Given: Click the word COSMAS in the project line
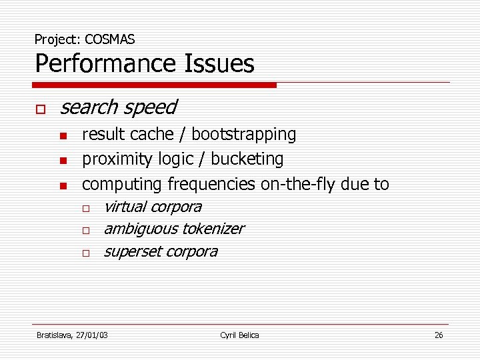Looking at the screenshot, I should (x=110, y=39).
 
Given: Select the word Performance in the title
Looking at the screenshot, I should (x=102, y=64).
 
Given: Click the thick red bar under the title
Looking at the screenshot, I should (x=154, y=85).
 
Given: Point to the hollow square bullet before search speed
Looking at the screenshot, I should (x=40, y=108).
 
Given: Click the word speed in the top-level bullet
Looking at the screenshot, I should (x=152, y=107).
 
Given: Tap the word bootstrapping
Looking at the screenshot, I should (x=244, y=135).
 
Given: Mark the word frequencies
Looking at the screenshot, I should (x=211, y=184).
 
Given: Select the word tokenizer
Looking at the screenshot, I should (x=213, y=229).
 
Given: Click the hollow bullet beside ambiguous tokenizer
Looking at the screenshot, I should (x=86, y=231).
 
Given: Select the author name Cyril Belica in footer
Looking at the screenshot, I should (x=239, y=335).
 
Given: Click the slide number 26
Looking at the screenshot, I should (x=438, y=335).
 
